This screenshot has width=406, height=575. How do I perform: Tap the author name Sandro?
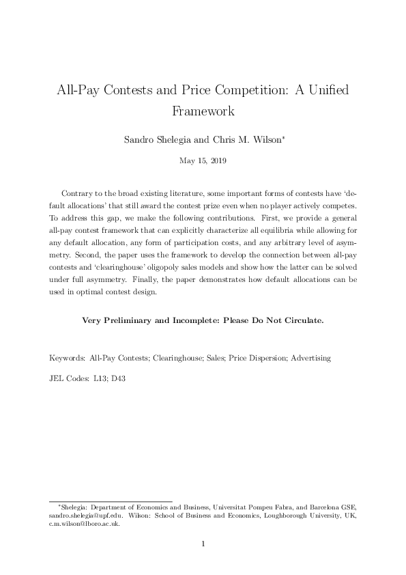pos(141,140)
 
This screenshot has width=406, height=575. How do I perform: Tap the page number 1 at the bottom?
pos(203,544)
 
